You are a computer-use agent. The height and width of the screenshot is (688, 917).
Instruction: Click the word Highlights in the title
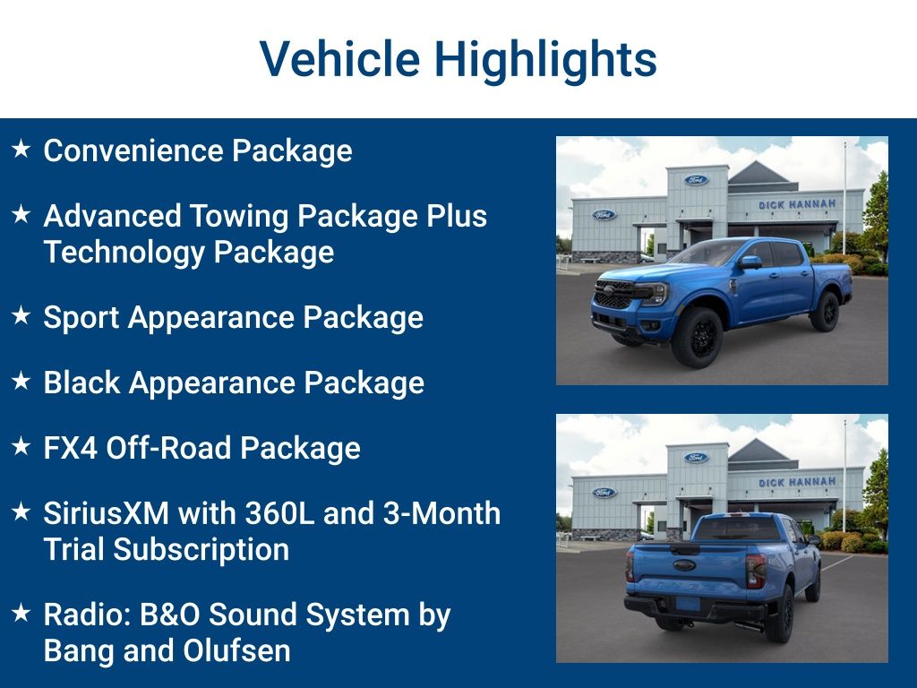545,60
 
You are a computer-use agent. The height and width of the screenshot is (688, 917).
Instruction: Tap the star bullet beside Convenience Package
21,150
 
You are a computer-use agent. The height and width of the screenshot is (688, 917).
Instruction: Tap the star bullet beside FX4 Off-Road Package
21,447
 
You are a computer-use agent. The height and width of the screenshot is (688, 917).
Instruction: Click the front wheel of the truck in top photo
698,338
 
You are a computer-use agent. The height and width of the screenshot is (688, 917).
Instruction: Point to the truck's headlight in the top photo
655,293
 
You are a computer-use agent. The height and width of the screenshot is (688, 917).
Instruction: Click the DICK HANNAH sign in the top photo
796,204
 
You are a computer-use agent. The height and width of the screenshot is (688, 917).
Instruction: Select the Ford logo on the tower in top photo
696,180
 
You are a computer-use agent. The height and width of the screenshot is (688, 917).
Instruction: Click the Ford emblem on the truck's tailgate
684,565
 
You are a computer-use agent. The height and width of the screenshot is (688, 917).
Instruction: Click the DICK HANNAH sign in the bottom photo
796,482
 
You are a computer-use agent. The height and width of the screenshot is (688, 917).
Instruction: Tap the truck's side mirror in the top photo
750,262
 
